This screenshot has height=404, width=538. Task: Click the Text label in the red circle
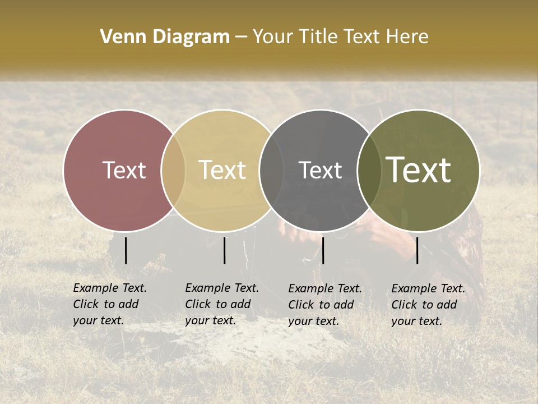click(124, 170)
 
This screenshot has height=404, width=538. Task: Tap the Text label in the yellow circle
click(222, 170)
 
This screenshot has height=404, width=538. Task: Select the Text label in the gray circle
click(321, 170)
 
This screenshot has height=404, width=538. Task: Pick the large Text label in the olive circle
click(419, 170)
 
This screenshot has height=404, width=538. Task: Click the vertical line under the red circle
click(126, 250)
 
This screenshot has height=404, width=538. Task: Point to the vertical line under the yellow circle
click(224, 250)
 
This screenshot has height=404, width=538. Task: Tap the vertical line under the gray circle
click(323, 250)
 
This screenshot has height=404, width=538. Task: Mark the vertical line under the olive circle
click(417, 250)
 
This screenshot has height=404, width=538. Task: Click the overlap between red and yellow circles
click(173, 171)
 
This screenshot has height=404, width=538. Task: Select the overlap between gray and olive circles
click(367, 171)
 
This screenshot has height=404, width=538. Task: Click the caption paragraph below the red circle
click(110, 304)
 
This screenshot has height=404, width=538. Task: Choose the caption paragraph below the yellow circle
click(222, 304)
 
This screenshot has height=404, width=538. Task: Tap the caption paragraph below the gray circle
click(325, 305)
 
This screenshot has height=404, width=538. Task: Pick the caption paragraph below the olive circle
click(428, 305)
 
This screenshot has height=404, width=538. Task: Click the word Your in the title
click(273, 37)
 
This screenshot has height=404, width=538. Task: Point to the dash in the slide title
click(241, 38)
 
